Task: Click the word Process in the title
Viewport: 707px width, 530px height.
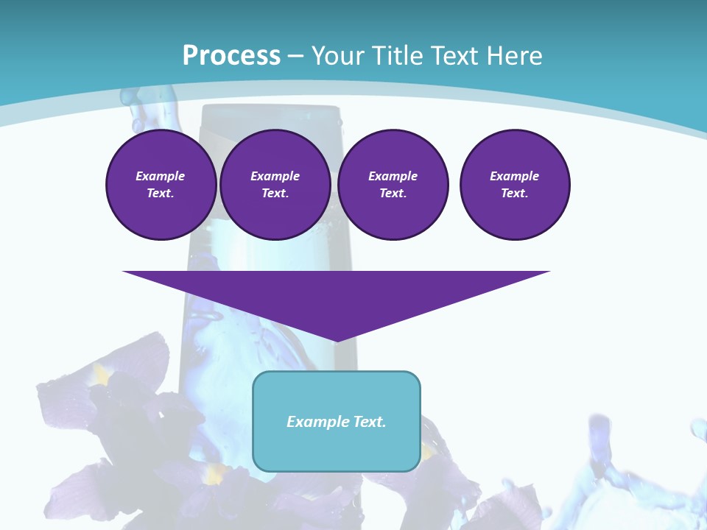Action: (x=231, y=55)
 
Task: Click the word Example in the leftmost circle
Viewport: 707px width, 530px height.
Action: (x=161, y=176)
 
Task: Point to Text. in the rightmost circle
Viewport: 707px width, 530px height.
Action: (x=515, y=193)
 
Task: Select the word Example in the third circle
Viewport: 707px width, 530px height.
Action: (x=393, y=176)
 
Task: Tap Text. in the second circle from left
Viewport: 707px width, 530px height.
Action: (x=275, y=193)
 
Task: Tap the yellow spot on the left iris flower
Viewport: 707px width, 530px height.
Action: (x=102, y=375)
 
